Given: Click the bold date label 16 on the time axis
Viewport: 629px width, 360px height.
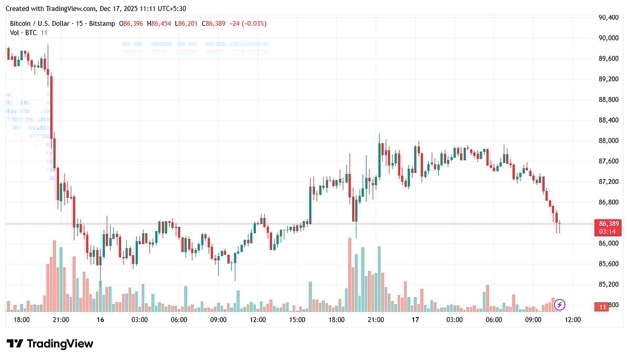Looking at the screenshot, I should [x=100, y=320].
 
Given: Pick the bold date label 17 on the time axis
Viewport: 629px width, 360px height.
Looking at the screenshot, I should [x=415, y=320].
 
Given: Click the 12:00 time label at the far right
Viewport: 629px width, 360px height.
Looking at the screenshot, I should [x=572, y=320].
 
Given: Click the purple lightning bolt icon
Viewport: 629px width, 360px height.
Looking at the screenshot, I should [x=560, y=304].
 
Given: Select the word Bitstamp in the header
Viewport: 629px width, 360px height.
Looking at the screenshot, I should [x=102, y=24].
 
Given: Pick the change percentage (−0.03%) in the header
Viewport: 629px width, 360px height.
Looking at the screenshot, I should [x=253, y=24].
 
